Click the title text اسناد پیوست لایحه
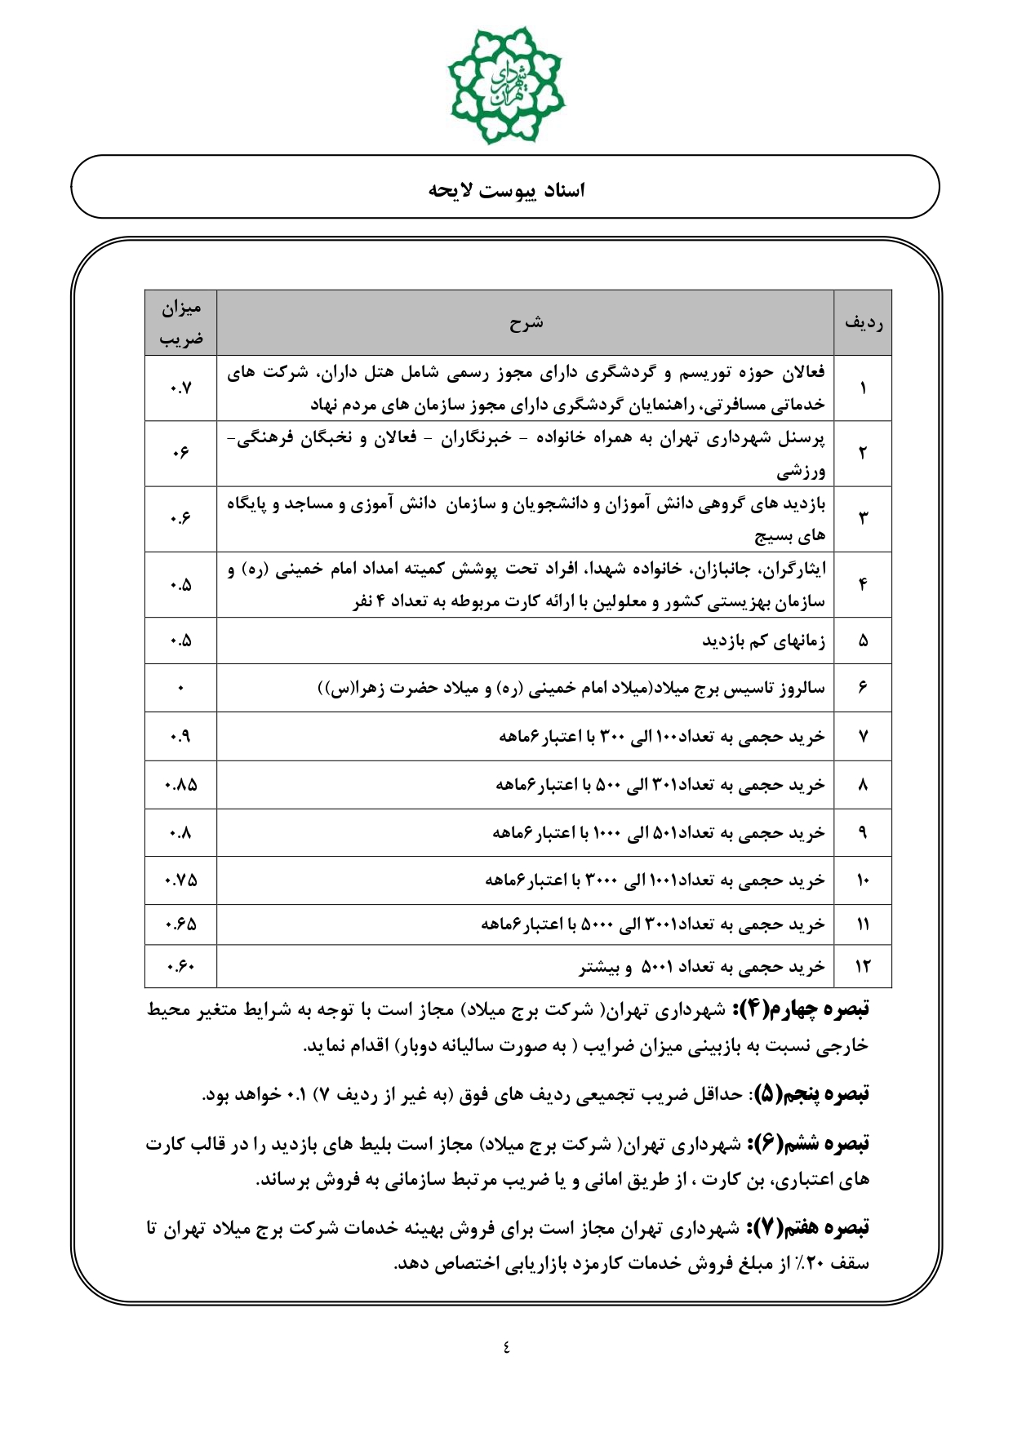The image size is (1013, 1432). tap(506, 190)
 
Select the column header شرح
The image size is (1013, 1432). tap(526, 322)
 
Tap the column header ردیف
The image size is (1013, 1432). tap(863, 322)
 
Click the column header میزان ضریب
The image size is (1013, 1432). tap(180, 322)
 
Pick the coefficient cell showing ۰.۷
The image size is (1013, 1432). tap(180, 388)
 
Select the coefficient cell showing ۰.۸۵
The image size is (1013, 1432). tap(180, 785)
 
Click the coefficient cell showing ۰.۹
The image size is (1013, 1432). tap(180, 737)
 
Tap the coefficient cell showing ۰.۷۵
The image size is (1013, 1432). tap(180, 880)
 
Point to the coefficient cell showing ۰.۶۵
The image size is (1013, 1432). tap(180, 924)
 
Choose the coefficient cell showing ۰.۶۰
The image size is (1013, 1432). tap(180, 967)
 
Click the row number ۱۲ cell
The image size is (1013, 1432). tap(863, 967)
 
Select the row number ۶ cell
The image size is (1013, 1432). tap(863, 688)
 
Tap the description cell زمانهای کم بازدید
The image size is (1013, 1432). tap(763, 641)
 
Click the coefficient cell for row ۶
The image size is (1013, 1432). tap(180, 688)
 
